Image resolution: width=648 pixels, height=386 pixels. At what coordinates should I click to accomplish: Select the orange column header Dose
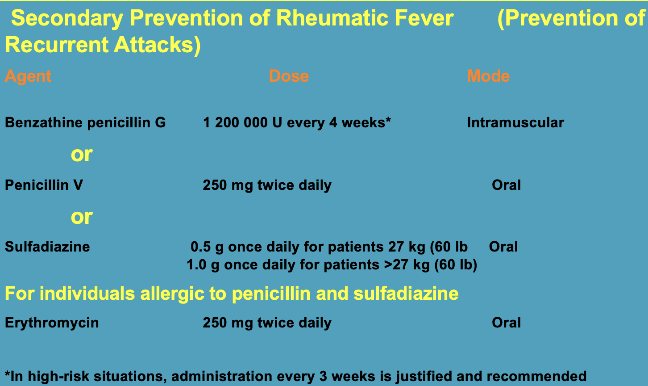tap(289, 76)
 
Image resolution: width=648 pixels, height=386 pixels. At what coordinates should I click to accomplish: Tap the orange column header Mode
tap(488, 76)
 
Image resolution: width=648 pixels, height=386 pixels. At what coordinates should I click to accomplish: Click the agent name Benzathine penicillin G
tap(85, 123)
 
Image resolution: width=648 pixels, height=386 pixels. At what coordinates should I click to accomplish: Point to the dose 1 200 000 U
tap(242, 122)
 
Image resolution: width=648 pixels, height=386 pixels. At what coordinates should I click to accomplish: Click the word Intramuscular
tap(515, 122)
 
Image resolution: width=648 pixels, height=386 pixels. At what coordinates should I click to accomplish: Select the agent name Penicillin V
tap(44, 185)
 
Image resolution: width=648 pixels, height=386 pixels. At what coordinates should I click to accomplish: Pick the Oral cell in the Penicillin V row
tap(506, 185)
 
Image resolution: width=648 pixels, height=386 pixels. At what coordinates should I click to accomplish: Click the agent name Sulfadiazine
tap(47, 247)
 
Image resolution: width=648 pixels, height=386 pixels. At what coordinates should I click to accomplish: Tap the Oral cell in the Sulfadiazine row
tap(503, 247)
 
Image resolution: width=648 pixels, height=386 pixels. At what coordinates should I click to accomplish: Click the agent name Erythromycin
tap(52, 323)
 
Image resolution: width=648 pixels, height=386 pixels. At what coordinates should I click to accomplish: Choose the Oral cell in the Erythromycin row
tap(506, 323)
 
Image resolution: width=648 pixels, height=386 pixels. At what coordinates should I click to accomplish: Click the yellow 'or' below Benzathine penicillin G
tap(82, 155)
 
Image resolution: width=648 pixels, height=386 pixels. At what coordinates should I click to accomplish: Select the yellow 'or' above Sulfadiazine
tap(82, 217)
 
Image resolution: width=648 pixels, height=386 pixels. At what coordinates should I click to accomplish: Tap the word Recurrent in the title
tap(57, 45)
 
